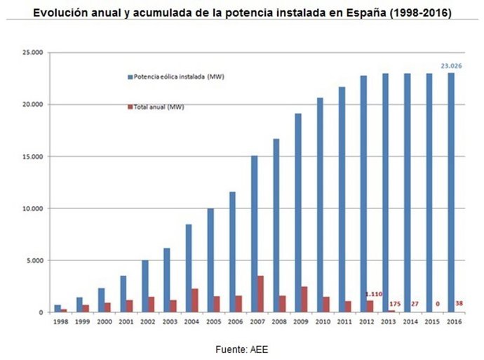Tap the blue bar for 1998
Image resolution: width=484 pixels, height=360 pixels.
(x=58, y=308)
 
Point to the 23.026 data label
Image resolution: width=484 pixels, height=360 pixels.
(x=450, y=66)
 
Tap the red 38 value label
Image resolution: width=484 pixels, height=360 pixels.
(x=459, y=303)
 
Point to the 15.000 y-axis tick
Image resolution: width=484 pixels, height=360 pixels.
(x=32, y=156)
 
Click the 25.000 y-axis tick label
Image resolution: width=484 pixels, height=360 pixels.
(x=32, y=53)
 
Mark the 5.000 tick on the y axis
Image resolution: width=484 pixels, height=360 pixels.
(x=34, y=260)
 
